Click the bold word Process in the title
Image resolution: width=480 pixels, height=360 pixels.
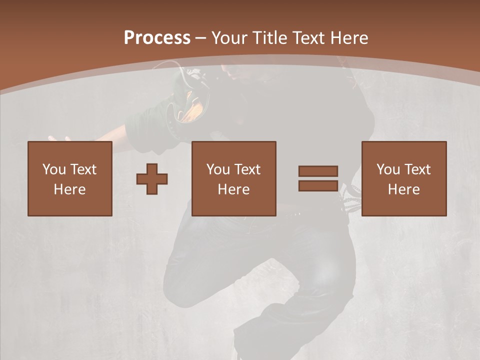[157, 38]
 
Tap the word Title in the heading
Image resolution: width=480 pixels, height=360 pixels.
[270, 38]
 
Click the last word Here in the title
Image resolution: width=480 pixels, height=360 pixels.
[348, 38]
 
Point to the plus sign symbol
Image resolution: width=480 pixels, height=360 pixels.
[152, 179]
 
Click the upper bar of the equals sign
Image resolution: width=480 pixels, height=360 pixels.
[318, 171]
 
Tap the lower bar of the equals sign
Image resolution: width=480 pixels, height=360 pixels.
[318, 185]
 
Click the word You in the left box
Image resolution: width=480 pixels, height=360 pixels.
[54, 169]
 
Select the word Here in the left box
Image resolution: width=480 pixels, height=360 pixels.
[69, 189]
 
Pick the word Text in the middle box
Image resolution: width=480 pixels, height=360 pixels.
[247, 169]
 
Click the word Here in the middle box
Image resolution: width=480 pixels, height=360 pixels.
[233, 189]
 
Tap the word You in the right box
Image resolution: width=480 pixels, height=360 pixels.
[388, 169]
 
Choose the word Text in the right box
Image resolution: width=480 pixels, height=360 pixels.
[417, 169]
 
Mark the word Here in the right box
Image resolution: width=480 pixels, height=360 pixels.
[403, 189]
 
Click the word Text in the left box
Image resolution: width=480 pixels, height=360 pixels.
[83, 169]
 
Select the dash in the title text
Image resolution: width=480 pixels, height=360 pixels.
[201, 38]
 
